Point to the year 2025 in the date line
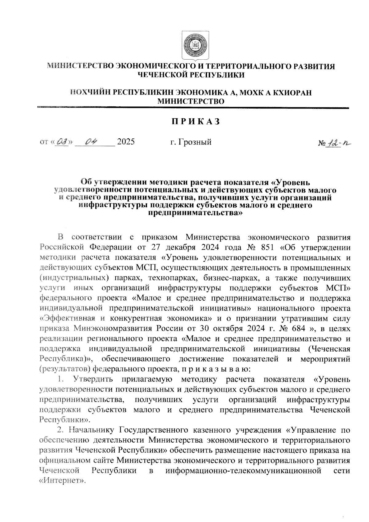(x=126, y=142)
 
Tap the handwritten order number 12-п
(x=339, y=143)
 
